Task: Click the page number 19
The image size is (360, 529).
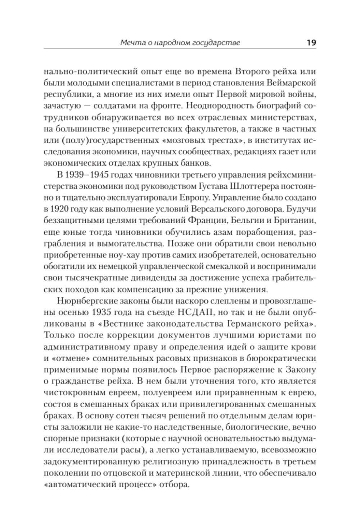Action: [311, 42]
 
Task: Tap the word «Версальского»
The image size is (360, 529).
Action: [207, 210]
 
